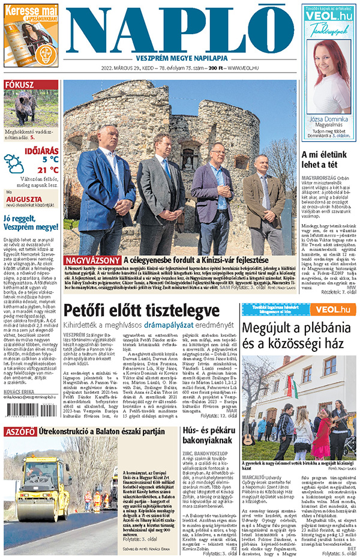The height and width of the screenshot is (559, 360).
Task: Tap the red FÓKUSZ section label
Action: (19, 85)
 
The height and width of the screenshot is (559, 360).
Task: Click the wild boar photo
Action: (31, 107)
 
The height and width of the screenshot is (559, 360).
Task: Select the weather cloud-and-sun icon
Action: (14, 162)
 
